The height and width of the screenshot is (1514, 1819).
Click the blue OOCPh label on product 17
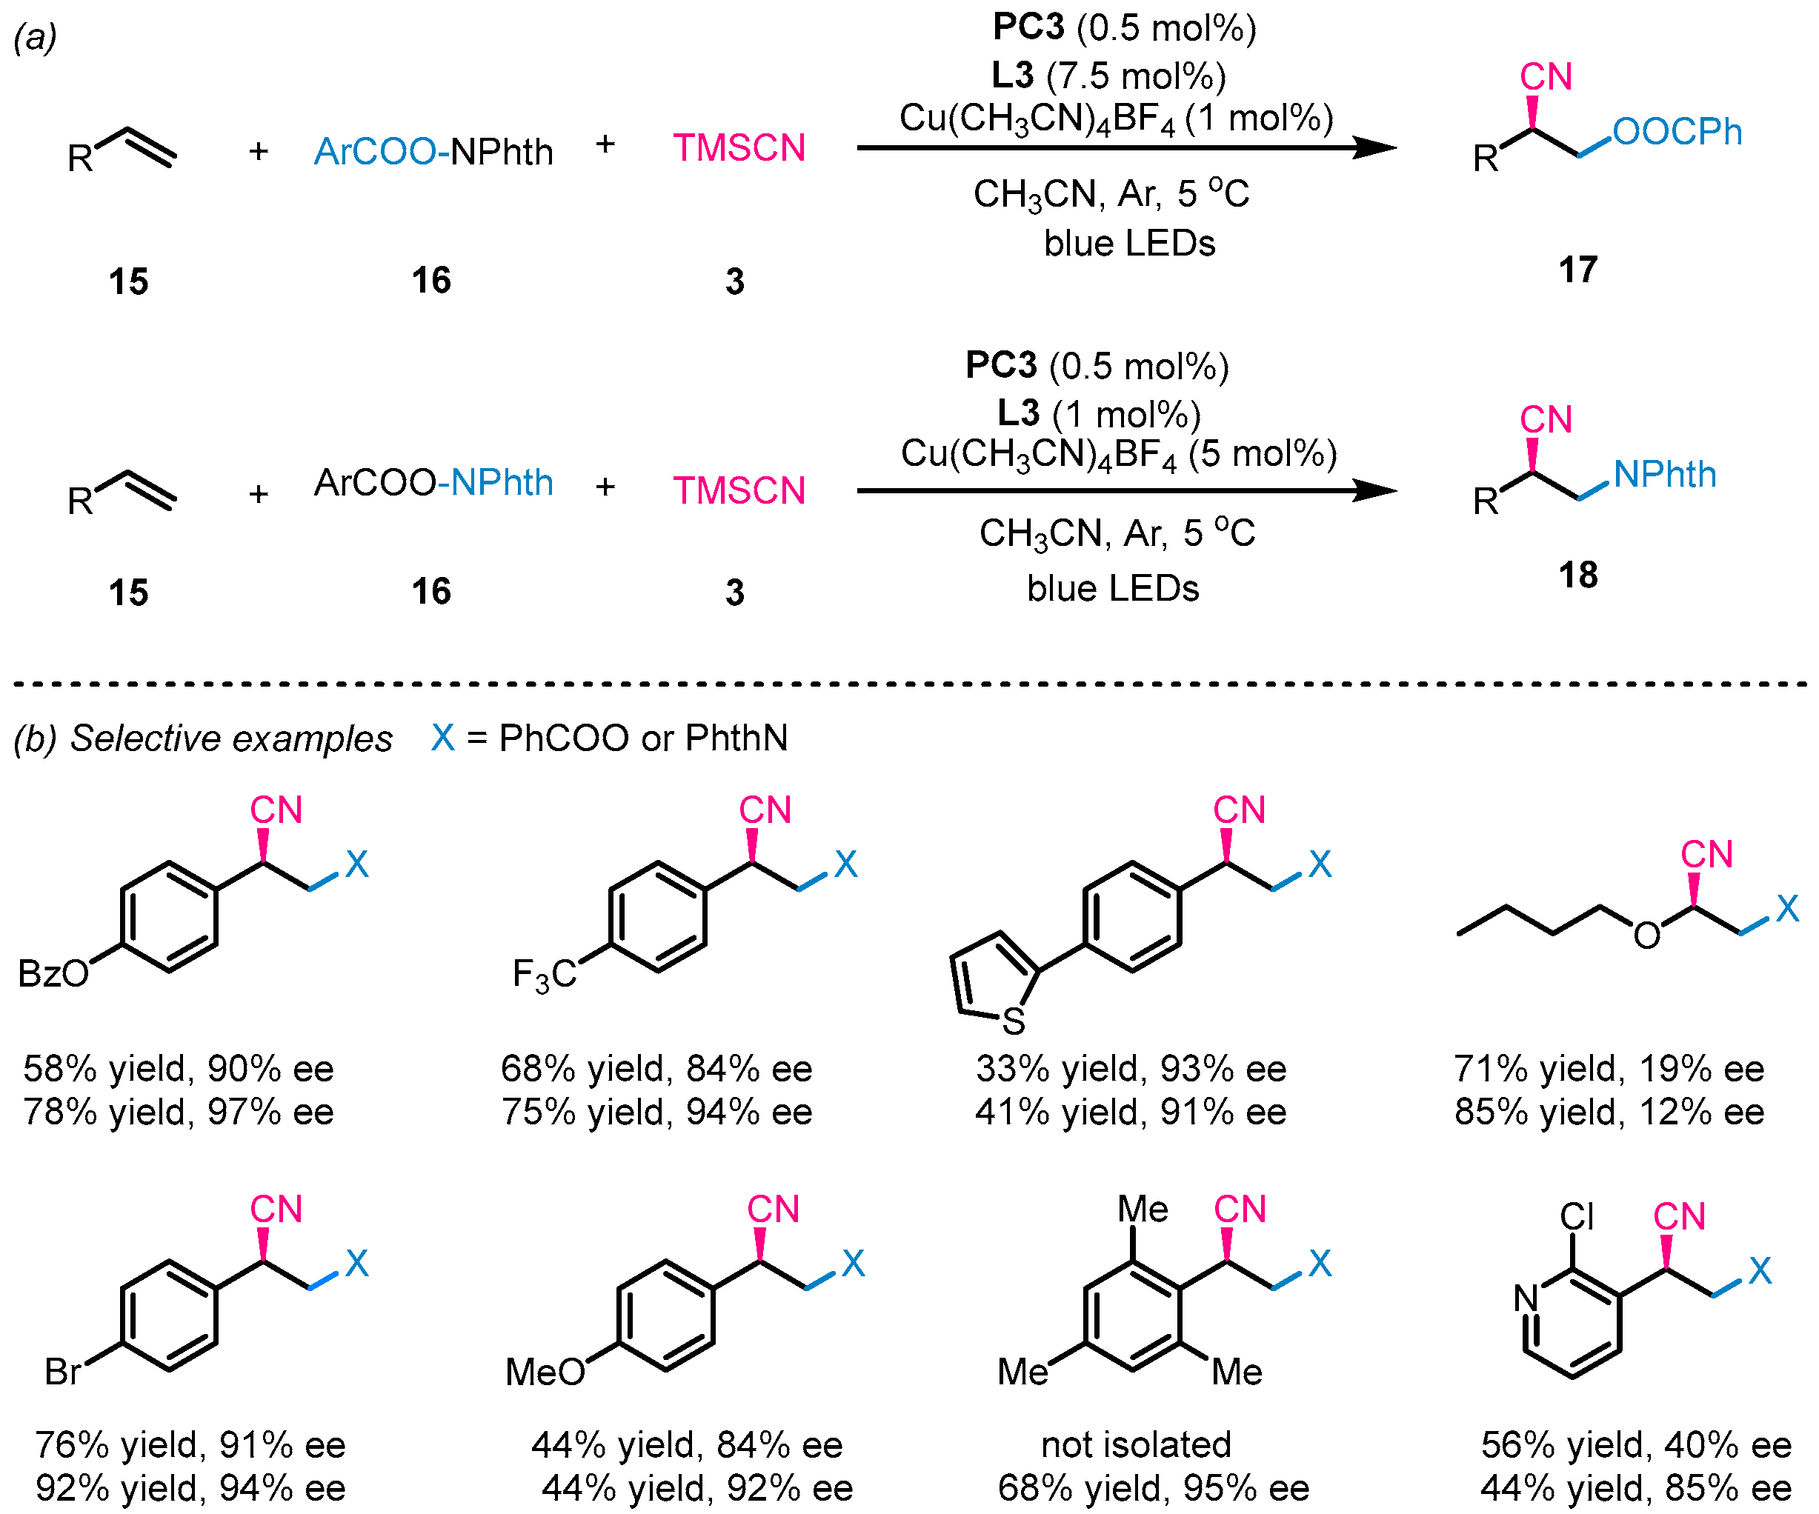[1677, 133]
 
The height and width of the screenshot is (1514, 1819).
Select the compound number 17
[1577, 270]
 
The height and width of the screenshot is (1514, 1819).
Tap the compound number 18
[1577, 574]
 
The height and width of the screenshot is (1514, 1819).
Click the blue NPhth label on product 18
[1664, 475]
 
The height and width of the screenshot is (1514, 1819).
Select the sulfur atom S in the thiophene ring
[1014, 1022]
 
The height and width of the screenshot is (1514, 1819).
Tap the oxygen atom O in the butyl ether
[1646, 936]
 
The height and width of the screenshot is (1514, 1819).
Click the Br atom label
[63, 1372]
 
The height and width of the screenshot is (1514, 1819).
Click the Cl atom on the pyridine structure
[1577, 1217]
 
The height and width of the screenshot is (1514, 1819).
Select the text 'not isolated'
[1136, 1444]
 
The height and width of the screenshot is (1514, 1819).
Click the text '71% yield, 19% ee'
[1609, 1069]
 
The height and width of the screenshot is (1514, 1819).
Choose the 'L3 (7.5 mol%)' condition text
[1108, 76]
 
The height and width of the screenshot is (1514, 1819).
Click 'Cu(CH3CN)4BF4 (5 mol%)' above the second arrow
[1118, 455]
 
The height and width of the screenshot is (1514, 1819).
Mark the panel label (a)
[36, 37]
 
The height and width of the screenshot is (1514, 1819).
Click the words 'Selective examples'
[231, 738]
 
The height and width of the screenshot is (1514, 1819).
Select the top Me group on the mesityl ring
[1143, 1209]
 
